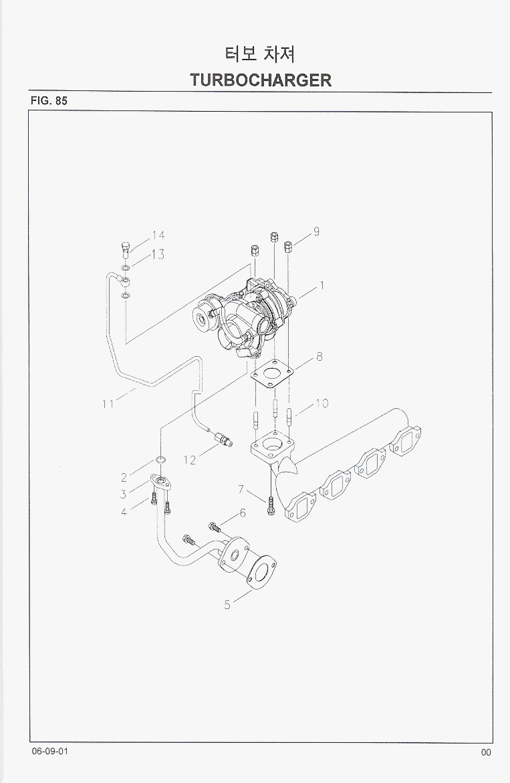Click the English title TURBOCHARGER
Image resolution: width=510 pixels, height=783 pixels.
(x=261, y=80)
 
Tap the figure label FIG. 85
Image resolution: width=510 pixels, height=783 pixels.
(x=49, y=100)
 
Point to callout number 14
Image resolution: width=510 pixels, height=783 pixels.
(x=158, y=235)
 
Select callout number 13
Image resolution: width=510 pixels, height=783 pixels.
(x=158, y=255)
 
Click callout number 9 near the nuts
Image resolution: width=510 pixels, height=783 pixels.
(x=317, y=231)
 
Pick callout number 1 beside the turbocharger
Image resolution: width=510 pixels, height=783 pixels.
(x=322, y=285)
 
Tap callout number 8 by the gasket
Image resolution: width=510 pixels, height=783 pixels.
(x=319, y=357)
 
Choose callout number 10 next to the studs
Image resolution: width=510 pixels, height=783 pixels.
(x=322, y=403)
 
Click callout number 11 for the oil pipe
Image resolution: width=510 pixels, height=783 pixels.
(x=108, y=404)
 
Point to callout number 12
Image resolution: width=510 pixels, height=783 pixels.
(x=190, y=460)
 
